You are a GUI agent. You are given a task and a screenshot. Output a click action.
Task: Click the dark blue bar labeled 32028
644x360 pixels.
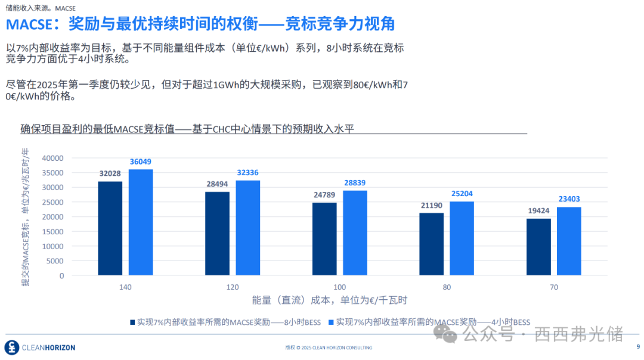(110, 228)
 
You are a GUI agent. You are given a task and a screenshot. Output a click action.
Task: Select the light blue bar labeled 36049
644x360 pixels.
(141, 222)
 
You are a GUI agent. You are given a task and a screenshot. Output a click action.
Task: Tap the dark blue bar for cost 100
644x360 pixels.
(324, 239)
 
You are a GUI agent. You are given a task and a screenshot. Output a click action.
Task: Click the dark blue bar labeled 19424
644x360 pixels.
(538, 247)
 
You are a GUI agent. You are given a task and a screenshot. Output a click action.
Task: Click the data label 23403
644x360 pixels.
(568, 199)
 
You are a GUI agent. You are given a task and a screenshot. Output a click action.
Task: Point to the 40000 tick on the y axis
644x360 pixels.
(53, 158)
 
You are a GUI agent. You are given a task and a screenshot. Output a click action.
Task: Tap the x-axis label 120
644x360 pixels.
(233, 287)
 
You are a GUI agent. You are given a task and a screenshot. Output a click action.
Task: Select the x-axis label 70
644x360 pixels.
(554, 287)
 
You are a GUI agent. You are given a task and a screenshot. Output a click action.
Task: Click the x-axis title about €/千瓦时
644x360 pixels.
(330, 300)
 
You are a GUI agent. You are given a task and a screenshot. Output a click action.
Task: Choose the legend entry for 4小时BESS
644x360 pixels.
(429, 322)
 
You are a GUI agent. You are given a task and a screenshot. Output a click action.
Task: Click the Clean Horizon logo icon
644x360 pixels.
(11, 347)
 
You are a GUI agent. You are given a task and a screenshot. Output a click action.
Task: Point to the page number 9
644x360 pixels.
(637, 347)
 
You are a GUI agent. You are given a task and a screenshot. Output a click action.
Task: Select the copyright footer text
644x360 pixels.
(329, 347)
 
